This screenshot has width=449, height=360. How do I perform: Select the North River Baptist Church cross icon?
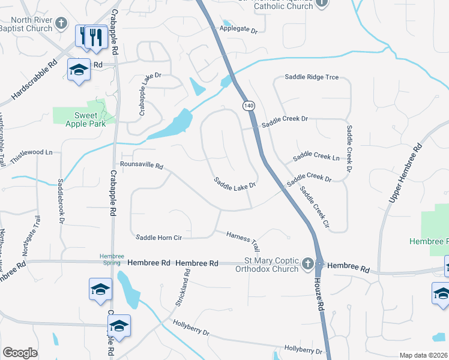pyautogui.click(x=61, y=24)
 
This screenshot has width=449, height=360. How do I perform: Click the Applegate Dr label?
pyautogui.click(x=238, y=29)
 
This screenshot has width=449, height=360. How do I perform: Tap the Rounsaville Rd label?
pyautogui.click(x=142, y=164)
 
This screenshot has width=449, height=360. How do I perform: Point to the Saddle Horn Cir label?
pyautogui.click(x=158, y=237)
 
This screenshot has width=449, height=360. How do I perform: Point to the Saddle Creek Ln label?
pyautogui.click(x=316, y=157)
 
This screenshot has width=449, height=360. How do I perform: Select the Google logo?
pyautogui.click(x=20, y=352)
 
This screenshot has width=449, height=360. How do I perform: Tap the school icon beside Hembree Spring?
pyautogui.click(x=100, y=289)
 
